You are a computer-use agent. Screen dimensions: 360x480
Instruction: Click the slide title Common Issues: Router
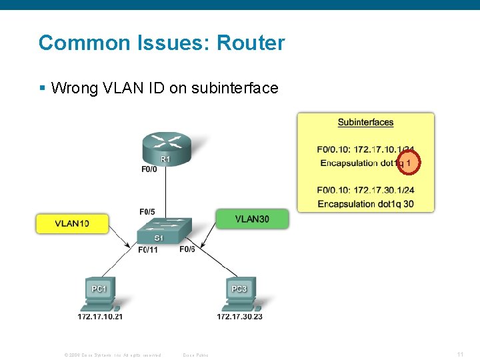pos(161,43)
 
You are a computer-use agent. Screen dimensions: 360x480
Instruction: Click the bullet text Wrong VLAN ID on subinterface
pos(164,88)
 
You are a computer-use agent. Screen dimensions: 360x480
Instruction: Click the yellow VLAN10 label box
pos(72,223)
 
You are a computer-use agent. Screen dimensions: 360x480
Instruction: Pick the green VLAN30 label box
pos(252,219)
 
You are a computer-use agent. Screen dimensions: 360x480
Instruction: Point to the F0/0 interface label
pos(149,169)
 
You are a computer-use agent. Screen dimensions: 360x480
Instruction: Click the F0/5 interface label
pos(147,212)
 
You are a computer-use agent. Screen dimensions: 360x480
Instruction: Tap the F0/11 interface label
pos(147,250)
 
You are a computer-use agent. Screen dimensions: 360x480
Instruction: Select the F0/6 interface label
pos(187,249)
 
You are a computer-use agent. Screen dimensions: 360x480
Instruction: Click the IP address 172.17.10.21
pos(100,317)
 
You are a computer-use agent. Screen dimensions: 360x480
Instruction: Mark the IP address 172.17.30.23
pos(239,317)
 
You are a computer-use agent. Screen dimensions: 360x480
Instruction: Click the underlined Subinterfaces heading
pos(365,123)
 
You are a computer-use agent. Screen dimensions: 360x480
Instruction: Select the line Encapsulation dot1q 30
pos(365,203)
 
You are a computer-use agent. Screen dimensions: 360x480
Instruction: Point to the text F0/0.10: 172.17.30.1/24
pos(365,190)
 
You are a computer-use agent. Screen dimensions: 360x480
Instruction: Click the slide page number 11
pos(461,354)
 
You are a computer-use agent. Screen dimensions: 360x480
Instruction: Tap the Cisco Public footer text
pos(195,355)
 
